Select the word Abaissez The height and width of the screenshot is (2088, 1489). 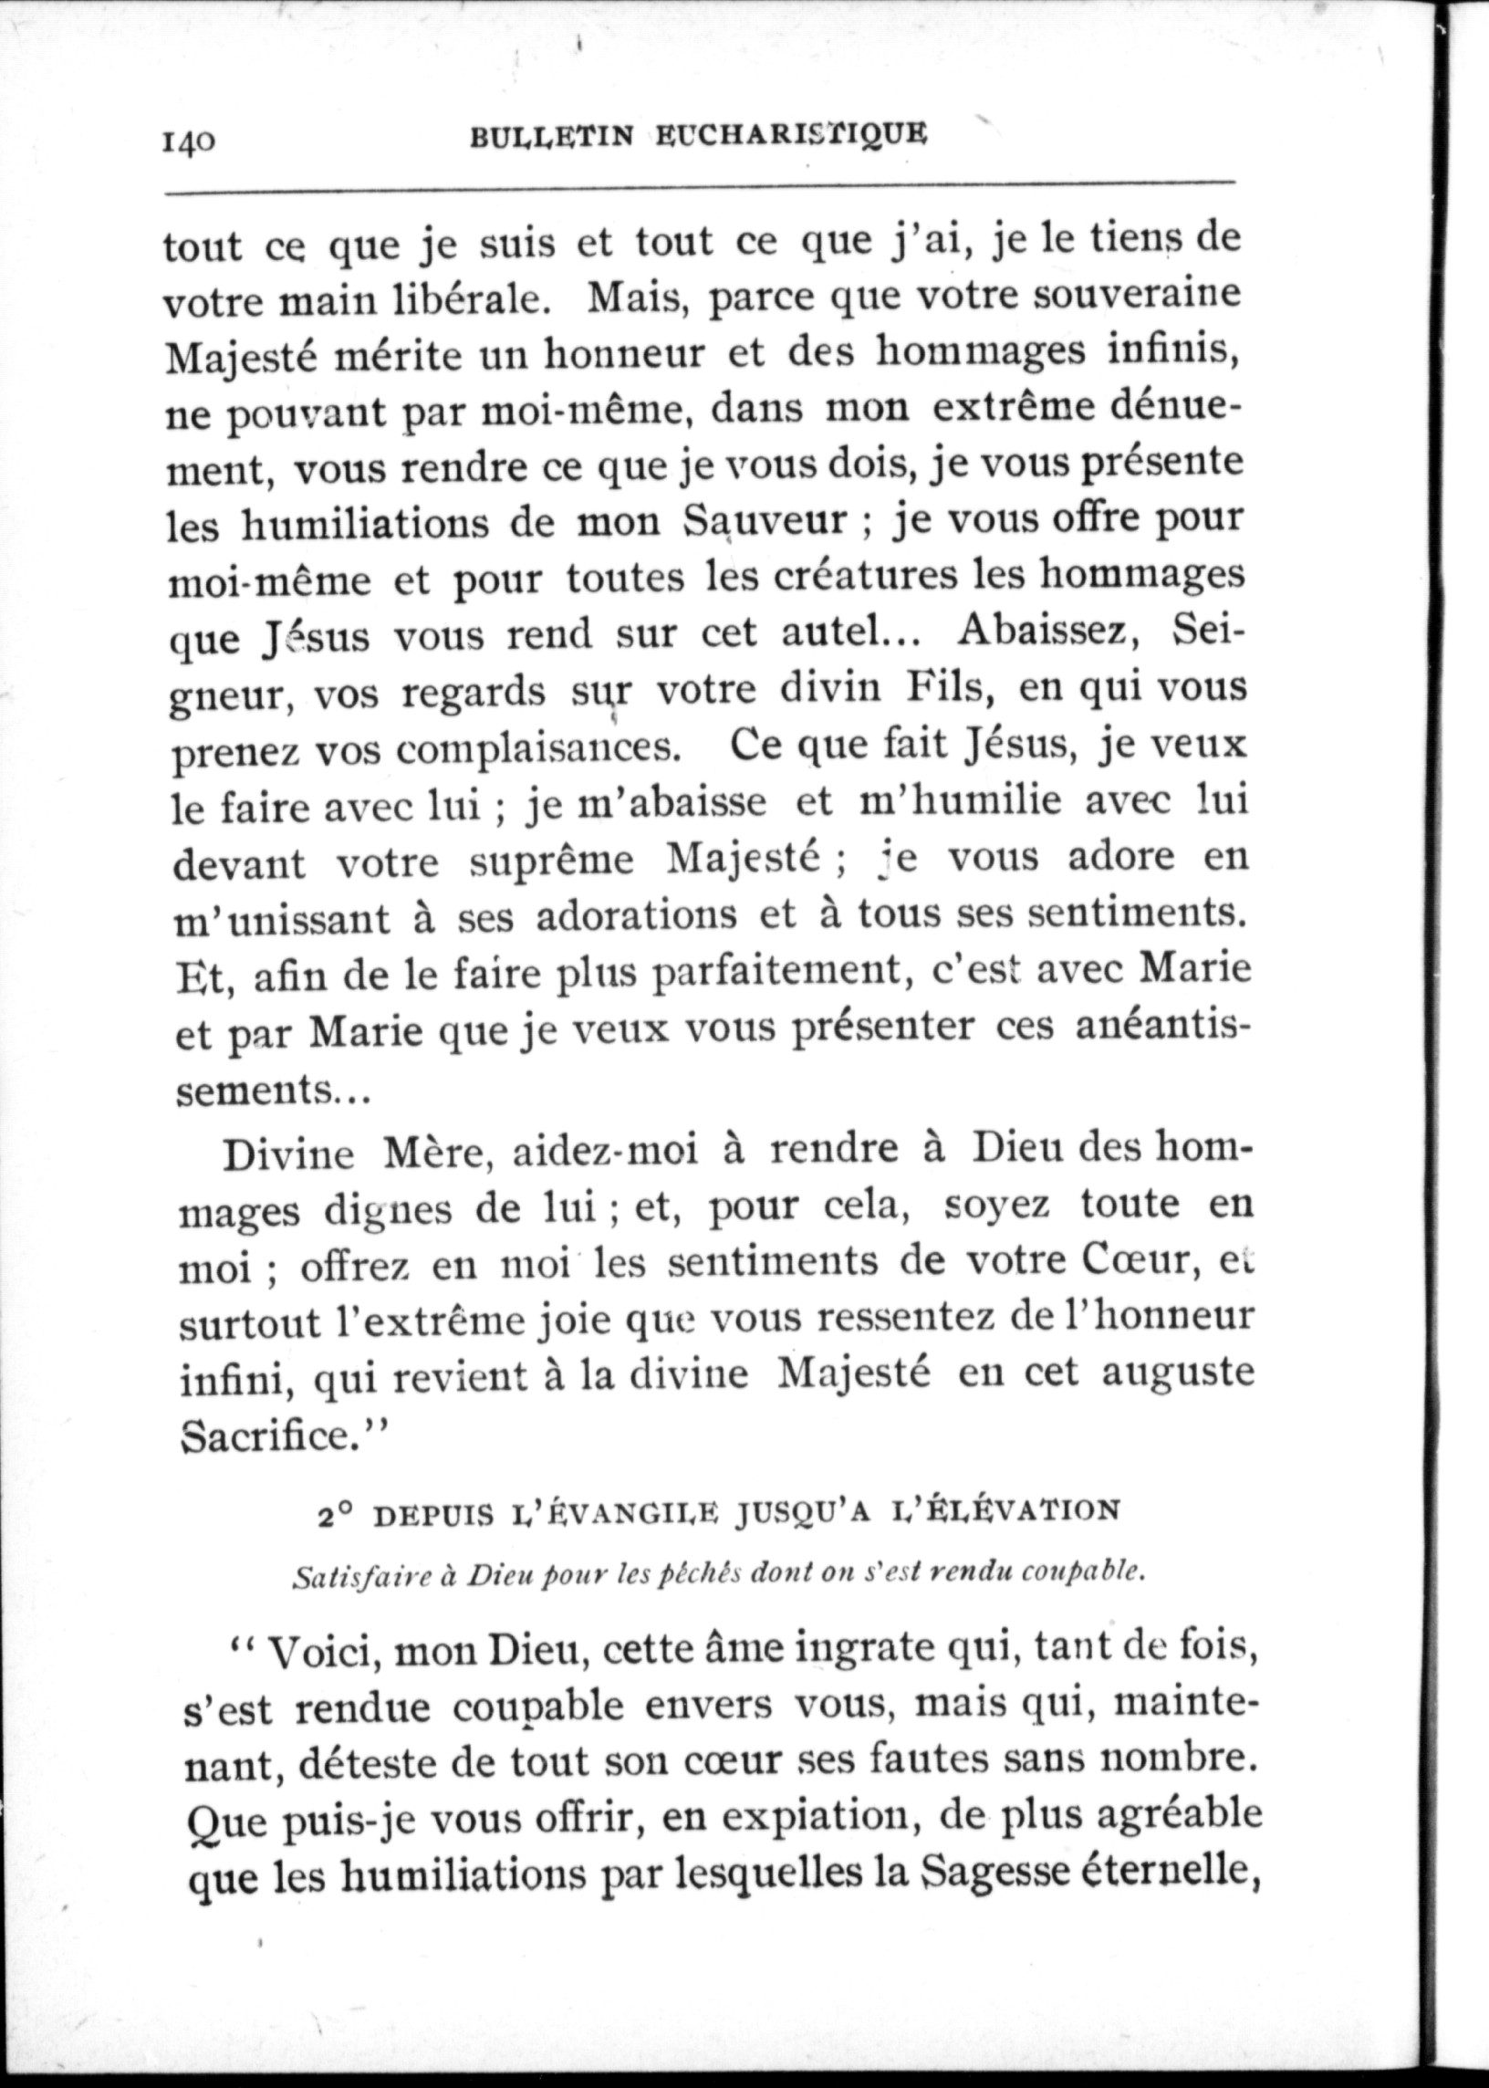[1047, 632]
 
